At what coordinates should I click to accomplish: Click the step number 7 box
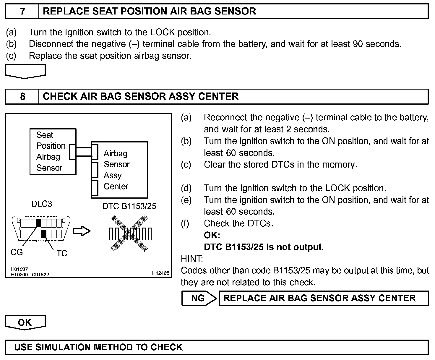pyautogui.click(x=22, y=11)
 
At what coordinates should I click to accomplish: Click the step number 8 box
pyautogui.click(x=22, y=96)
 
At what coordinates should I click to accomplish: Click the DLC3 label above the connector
pyautogui.click(x=41, y=204)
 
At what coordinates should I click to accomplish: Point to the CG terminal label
pyautogui.click(x=17, y=252)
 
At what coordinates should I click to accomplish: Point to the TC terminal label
pyautogui.click(x=62, y=253)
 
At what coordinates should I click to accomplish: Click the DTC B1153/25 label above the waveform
pyautogui.click(x=129, y=206)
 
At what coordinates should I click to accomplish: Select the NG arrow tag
pyautogui.click(x=199, y=298)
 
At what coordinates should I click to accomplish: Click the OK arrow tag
pyautogui.click(x=25, y=322)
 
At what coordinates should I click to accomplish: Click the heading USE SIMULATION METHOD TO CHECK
pyautogui.click(x=98, y=347)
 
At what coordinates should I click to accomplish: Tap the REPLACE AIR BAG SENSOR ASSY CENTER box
pyautogui.click(x=323, y=298)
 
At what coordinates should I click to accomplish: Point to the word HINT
pyautogui.click(x=192, y=259)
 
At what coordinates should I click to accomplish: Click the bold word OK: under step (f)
pyautogui.click(x=212, y=235)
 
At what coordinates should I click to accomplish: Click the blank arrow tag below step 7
pyautogui.click(x=25, y=71)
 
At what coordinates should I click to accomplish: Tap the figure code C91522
pyautogui.click(x=40, y=275)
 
